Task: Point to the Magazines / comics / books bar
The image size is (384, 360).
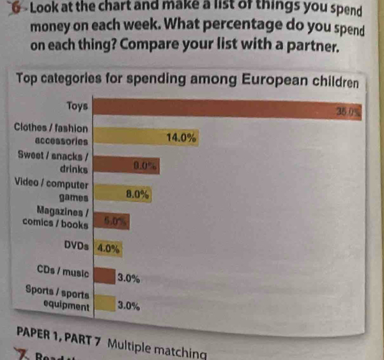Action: (x=112, y=220)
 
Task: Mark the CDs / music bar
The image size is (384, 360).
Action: (x=104, y=276)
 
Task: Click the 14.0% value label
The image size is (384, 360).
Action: (x=180, y=137)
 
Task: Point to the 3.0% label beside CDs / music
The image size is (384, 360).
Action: (x=129, y=278)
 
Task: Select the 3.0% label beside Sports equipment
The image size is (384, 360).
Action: (x=129, y=305)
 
